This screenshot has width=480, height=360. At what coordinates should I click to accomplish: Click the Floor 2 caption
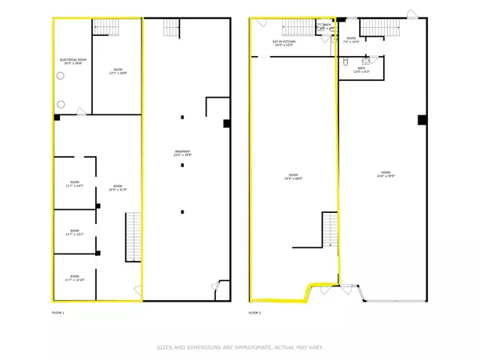[x=255, y=312]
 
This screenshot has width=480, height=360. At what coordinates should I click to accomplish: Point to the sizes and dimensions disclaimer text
[x=239, y=347]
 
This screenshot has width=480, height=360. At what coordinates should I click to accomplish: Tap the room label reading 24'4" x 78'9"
[x=385, y=175]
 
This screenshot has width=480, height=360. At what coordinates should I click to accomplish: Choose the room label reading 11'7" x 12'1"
[x=76, y=234]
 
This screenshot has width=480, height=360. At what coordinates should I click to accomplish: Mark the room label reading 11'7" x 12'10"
[x=76, y=278]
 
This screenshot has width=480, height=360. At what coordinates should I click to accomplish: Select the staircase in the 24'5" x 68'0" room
[x=330, y=230]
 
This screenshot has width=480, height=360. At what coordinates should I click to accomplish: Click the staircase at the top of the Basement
[x=172, y=27]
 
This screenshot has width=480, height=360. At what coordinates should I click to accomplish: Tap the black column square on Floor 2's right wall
[x=421, y=121]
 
